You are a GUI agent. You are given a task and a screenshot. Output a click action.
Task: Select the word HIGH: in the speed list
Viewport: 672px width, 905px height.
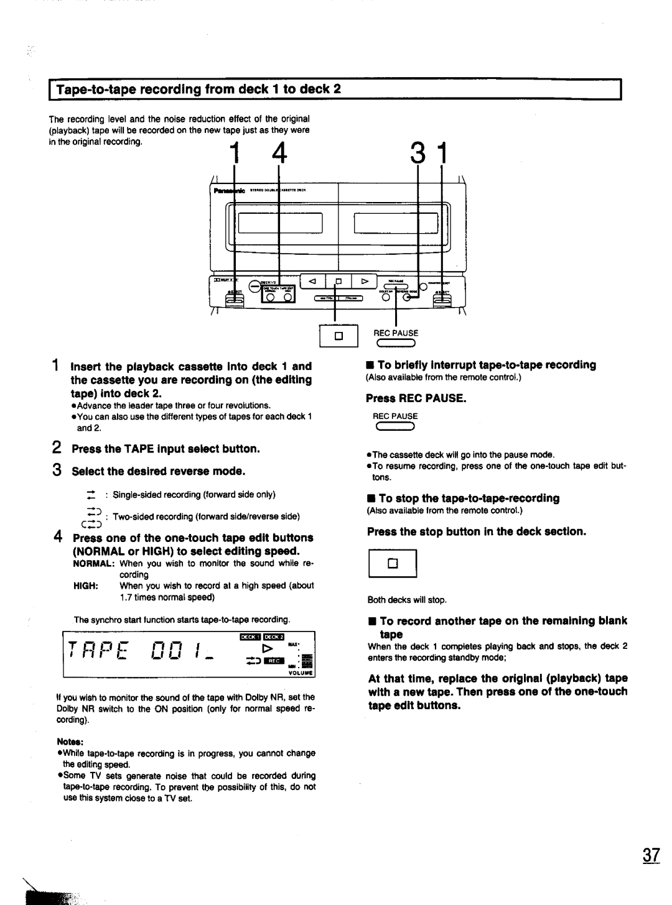click(x=85, y=586)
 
